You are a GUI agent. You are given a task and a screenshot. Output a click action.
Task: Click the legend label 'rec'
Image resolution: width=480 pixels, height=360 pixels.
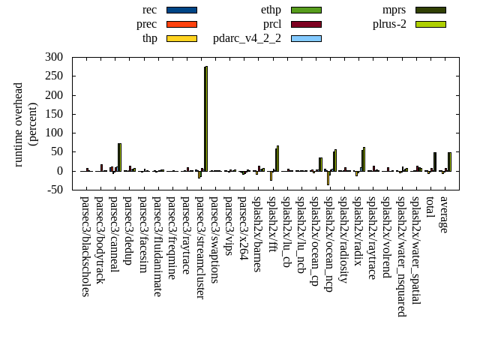point(149,10)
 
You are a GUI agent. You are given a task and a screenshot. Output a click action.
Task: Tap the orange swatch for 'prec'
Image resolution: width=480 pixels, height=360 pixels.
point(181,24)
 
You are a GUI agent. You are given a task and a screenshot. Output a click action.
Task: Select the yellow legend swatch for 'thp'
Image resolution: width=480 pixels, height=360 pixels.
point(181,38)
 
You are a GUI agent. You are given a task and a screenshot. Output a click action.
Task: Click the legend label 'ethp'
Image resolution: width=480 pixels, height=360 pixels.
point(271,10)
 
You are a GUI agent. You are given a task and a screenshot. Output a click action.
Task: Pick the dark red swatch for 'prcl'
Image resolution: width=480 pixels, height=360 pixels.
point(306,24)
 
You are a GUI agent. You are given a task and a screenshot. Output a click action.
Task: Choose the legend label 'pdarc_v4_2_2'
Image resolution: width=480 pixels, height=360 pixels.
point(247,38)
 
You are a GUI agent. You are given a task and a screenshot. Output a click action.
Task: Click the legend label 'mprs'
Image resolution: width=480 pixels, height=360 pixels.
point(394,10)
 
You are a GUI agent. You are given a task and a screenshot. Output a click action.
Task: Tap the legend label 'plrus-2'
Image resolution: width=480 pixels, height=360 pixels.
point(389,24)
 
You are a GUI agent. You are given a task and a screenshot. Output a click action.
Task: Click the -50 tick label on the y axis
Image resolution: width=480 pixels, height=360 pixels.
point(54,190)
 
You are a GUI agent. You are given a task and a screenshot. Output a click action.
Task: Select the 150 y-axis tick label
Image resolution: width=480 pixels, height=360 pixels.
point(54,114)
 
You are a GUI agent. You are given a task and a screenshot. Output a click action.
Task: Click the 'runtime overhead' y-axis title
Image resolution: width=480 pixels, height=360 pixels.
point(19,124)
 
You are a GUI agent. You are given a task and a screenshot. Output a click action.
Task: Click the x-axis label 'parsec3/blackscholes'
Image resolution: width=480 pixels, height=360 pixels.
point(85,246)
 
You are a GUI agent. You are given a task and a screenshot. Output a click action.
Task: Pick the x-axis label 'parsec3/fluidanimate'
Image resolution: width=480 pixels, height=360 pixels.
point(157,246)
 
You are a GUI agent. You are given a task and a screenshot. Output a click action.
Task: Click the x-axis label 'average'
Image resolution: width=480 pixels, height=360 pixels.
point(444,214)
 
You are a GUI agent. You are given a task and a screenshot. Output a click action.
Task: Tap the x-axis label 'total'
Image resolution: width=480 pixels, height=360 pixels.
point(430,208)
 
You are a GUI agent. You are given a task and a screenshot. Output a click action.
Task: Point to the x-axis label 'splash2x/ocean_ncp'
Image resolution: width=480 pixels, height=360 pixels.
point(328,244)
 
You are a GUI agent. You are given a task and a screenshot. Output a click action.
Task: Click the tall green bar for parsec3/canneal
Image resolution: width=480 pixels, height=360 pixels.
point(119,157)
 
